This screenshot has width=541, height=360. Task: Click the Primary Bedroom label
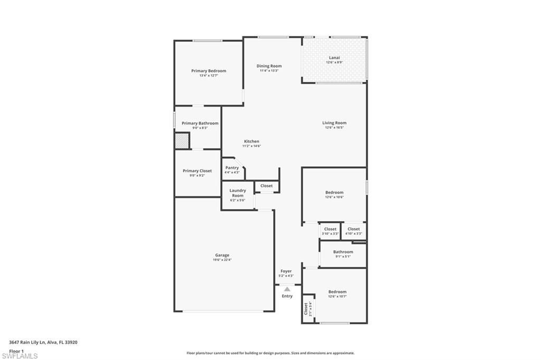point(208,71)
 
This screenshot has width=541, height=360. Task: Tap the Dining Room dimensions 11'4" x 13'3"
point(270,71)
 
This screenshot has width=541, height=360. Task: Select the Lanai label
point(334,58)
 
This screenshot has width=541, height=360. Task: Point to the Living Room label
point(334,123)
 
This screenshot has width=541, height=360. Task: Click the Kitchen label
point(251,141)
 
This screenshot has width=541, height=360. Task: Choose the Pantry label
point(231,168)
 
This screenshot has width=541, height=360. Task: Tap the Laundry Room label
point(237,193)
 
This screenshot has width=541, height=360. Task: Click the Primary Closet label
point(197,171)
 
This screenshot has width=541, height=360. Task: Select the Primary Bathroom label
point(200,124)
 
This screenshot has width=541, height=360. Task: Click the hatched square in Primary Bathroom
point(182,141)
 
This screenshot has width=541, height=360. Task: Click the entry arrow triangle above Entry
point(286,289)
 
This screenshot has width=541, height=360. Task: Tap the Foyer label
point(286,271)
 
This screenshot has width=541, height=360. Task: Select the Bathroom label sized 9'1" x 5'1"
point(343,252)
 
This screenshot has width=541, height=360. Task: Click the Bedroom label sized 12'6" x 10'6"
point(334,193)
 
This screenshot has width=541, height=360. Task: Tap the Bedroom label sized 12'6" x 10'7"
point(337,292)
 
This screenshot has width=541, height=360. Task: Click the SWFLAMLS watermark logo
point(20,356)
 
